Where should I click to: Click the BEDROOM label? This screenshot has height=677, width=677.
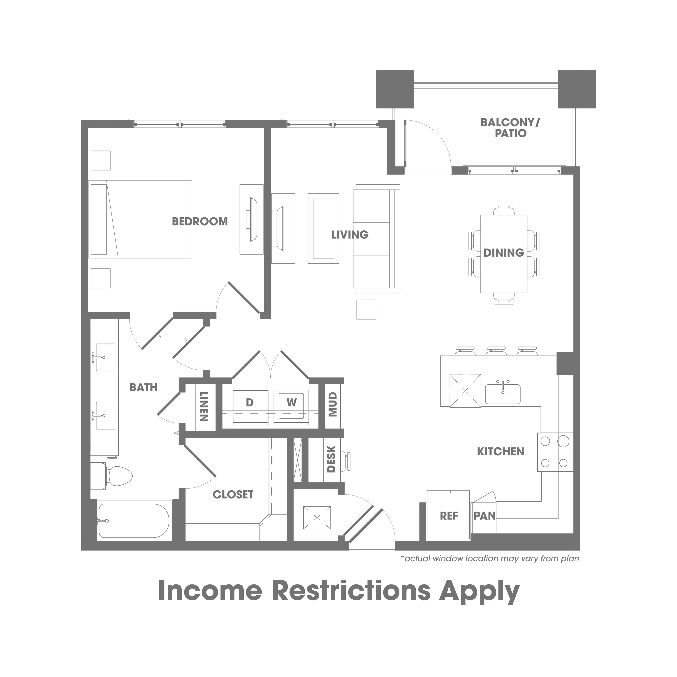coord(200,221)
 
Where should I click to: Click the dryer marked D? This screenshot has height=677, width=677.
coord(250,408)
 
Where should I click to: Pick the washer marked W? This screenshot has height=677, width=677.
coord(291,408)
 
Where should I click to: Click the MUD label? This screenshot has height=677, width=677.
coord(333,404)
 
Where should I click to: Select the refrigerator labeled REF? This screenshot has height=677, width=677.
coord(449,515)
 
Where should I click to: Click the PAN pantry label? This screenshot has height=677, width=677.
coord(485,516)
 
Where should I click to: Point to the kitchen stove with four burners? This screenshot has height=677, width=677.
coord(555,452)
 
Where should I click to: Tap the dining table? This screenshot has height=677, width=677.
coord(504,254)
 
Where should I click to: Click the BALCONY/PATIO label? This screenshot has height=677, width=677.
coord(510,128)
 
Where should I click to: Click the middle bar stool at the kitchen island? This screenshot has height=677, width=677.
coord(496,351)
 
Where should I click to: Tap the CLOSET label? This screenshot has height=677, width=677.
coord(233,494)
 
